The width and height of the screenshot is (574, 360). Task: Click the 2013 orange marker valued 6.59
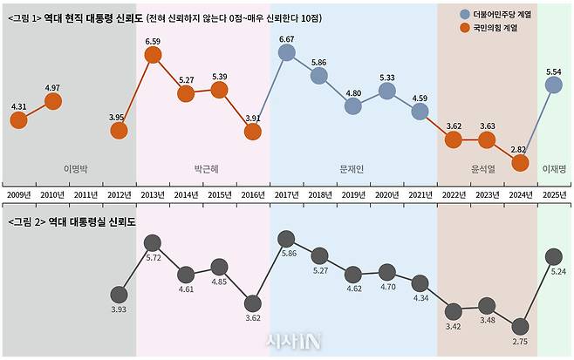click(153, 55)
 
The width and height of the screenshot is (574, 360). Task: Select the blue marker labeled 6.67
click(286, 53)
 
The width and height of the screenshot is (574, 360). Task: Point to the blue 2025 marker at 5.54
click(553, 85)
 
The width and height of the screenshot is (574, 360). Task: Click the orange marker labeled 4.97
click(52, 101)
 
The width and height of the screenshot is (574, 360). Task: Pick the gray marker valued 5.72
click(153, 241)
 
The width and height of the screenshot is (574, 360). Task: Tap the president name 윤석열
click(486, 168)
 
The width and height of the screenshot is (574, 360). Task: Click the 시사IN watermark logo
click(288, 343)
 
